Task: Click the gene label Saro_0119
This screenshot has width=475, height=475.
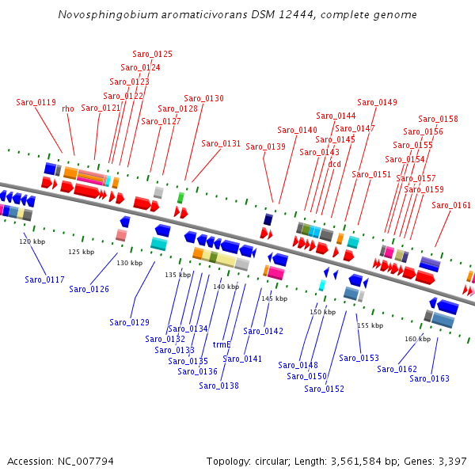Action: click(x=36, y=102)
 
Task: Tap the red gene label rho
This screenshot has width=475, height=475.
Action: click(x=68, y=108)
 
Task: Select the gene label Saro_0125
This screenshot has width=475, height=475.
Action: click(x=152, y=54)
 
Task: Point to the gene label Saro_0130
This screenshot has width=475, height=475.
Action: click(x=204, y=98)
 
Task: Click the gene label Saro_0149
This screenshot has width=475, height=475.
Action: click(x=377, y=102)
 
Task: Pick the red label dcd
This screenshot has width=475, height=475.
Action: click(x=335, y=164)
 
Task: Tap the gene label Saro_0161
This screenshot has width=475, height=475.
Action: click(x=451, y=205)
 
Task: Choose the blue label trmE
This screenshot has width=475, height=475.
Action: click(x=222, y=344)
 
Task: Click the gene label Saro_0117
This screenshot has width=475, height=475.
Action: click(x=44, y=279)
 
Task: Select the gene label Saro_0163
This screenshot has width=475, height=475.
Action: click(x=429, y=378)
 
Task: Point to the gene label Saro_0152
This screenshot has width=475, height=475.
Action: click(x=324, y=389)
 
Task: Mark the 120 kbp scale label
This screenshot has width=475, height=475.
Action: click(x=32, y=241)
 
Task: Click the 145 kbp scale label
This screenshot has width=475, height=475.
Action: click(x=275, y=298)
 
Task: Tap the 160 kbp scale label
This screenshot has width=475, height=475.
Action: click(x=418, y=339)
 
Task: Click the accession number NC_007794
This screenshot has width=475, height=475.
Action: click(x=85, y=462)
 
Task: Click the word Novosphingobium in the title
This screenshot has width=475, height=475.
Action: click(x=108, y=15)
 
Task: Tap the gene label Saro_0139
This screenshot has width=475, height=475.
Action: click(x=266, y=146)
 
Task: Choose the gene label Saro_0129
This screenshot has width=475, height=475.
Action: click(x=129, y=322)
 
